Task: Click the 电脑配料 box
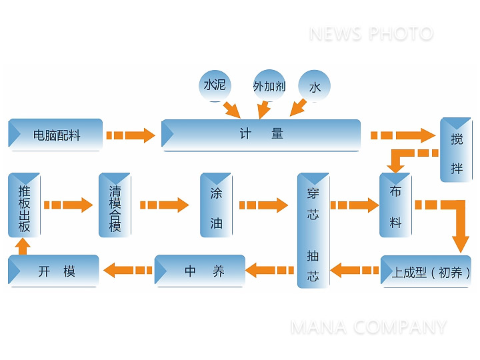pos(56,135)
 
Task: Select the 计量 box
pos(261,135)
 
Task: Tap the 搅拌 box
pos(457,150)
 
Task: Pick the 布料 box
pos(395,205)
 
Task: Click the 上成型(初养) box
pos(426,271)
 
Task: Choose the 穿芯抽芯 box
pos(313,230)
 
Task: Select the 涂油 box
pos(216,205)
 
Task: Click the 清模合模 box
pos(115,205)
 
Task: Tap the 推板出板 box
pos(24,205)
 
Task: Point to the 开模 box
pos(54,271)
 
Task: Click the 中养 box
pos(200,271)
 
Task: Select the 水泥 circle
pos(215,85)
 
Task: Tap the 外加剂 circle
pos(269,86)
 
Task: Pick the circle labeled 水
pos(315,87)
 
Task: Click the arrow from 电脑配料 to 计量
pos(131,135)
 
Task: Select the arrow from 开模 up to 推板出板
pos(23,246)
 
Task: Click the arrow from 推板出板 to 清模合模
pos(69,205)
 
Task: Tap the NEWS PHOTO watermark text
pos(371,33)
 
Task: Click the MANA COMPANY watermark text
pos(368,327)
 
